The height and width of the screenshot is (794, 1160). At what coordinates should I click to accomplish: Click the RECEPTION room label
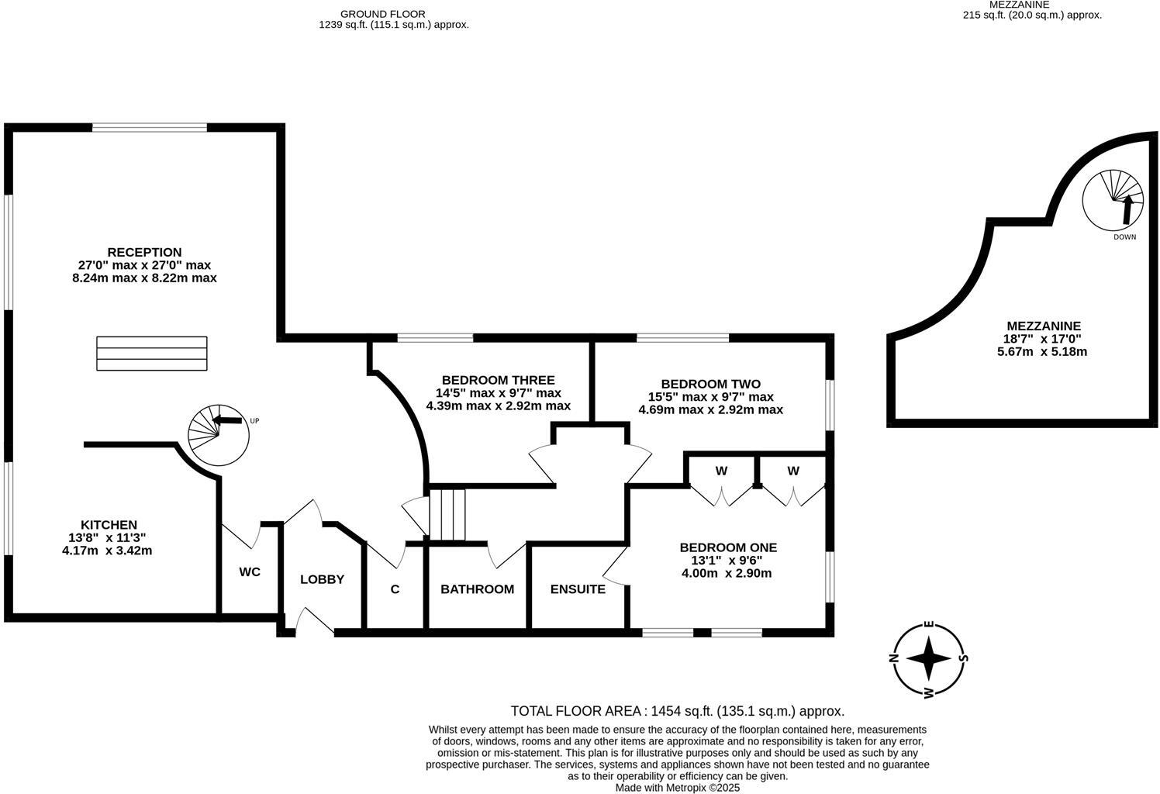coord(144,252)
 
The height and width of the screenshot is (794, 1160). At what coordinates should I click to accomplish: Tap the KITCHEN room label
coord(109,525)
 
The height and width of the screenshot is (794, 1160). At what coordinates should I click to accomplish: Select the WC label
coord(250,572)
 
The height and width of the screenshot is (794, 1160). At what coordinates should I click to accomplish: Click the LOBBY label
coord(322,579)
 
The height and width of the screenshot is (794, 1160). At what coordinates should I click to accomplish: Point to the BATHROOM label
coord(477,589)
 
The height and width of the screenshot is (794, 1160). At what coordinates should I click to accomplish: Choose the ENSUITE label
coord(578,589)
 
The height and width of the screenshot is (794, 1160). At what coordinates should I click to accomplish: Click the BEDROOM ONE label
coord(727,547)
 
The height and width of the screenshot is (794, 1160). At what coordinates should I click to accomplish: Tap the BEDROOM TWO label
coord(710,384)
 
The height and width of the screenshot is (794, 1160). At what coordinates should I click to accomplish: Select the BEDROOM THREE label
coord(498,380)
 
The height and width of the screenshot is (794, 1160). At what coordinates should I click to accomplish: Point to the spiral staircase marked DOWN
coord(1113,199)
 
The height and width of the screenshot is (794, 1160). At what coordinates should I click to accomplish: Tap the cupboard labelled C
coord(395,589)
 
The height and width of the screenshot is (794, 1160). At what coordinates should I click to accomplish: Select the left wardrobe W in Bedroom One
coord(721,471)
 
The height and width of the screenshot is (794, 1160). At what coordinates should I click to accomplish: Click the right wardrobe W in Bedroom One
coord(792,471)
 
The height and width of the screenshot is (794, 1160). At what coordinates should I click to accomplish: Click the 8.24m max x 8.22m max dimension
coord(144,278)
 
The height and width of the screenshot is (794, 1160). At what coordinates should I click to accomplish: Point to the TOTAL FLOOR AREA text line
coord(677,711)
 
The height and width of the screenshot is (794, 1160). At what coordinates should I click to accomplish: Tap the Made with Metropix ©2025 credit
coord(677,788)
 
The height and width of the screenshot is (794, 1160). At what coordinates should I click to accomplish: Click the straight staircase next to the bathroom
coord(448,514)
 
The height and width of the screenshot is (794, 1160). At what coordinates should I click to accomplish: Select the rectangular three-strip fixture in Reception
coord(152,354)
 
